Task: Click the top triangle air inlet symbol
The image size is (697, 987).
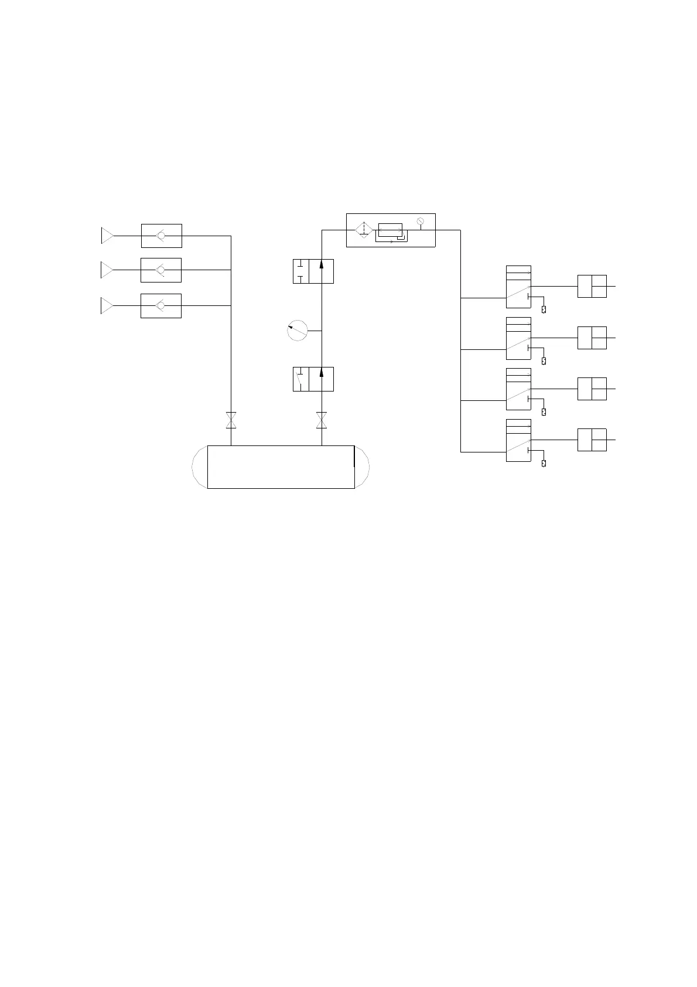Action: [107, 236]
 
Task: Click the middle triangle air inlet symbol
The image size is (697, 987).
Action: [107, 270]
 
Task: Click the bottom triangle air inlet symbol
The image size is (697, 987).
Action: [107, 305]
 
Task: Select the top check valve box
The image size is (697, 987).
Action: [161, 236]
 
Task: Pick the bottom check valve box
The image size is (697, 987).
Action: [161, 305]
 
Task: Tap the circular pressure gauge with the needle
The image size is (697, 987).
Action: [298, 331]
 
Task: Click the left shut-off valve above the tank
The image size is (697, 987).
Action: [231, 420]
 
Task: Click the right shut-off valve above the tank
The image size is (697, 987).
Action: [322, 420]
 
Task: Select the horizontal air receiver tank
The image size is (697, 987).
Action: [281, 467]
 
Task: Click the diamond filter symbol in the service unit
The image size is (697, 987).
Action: [364, 230]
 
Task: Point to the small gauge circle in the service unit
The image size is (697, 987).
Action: [420, 221]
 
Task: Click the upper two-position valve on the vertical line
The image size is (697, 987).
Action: [313, 271]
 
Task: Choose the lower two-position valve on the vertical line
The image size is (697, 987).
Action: [313, 379]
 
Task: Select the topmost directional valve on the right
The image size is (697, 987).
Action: [518, 287]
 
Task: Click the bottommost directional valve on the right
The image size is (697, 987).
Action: [518, 440]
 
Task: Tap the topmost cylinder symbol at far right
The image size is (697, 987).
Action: [592, 286]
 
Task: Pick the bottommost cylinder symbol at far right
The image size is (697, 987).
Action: [592, 440]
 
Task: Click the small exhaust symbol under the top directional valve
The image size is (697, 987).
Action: [544, 309]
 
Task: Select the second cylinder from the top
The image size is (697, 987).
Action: [592, 338]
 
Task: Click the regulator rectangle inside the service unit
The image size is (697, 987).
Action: [390, 230]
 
